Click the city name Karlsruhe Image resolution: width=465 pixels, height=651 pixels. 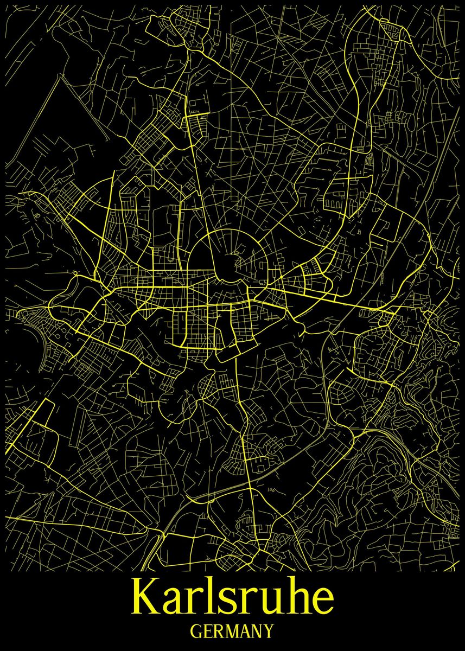[x=232, y=597]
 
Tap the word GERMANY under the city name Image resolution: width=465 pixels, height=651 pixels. [x=232, y=631]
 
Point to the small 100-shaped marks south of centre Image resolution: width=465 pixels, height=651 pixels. [x=271, y=490]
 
